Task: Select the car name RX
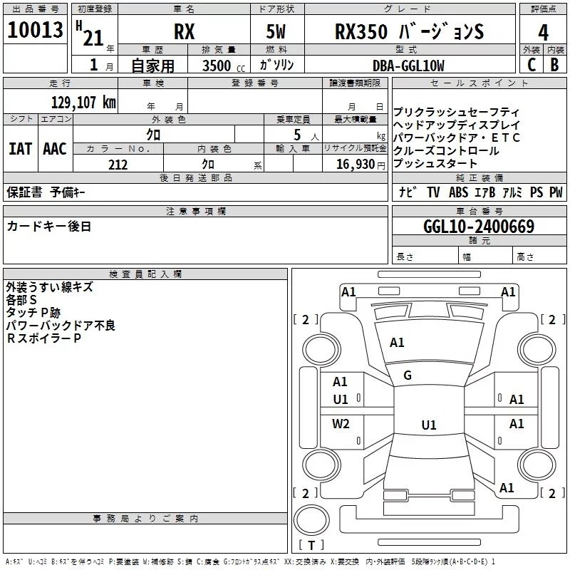click(185, 32)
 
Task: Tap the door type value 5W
click(278, 32)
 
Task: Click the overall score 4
click(544, 32)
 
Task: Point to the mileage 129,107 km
click(83, 102)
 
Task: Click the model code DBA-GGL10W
click(408, 66)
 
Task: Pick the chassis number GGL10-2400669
click(478, 227)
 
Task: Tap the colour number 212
click(118, 165)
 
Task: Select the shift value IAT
click(20, 149)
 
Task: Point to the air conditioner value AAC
click(55, 149)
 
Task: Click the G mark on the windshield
click(408, 375)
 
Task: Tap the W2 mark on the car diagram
click(341, 424)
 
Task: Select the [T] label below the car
click(311, 546)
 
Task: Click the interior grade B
click(554, 65)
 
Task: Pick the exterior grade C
click(531, 65)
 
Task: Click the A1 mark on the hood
click(397, 343)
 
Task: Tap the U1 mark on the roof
click(428, 425)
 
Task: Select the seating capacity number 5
click(296, 135)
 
